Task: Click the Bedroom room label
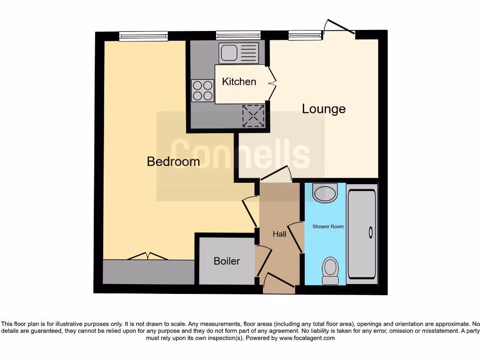[x=173, y=161]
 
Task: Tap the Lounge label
[x=323, y=109]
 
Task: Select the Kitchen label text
[x=239, y=82]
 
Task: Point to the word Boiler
[x=227, y=261]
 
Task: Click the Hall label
[x=279, y=234]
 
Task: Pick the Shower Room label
[x=328, y=226]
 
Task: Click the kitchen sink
[x=239, y=52]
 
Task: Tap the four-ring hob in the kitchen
[x=202, y=90]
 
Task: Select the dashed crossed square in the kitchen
[x=254, y=115]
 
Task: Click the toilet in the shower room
[x=330, y=271]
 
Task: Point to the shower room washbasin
[x=325, y=193]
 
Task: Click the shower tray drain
[x=371, y=232]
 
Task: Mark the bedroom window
[x=143, y=36]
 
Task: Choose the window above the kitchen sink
[x=238, y=35]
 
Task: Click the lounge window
[x=305, y=35]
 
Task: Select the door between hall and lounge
[x=276, y=173]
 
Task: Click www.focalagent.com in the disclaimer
[x=307, y=338]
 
